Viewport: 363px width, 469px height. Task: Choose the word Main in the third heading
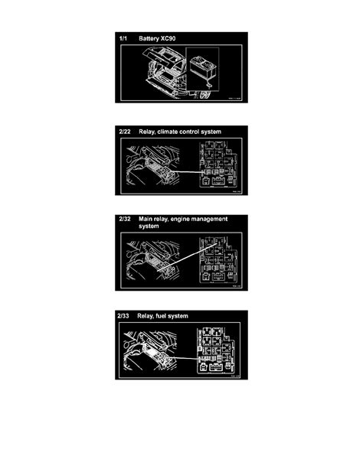coord(147,220)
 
